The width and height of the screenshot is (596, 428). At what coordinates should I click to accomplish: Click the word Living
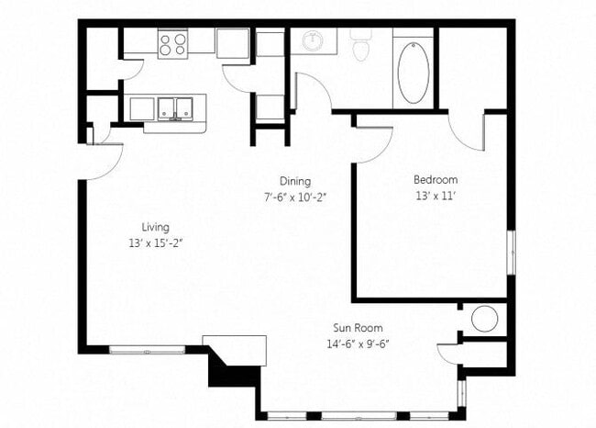coord(155,227)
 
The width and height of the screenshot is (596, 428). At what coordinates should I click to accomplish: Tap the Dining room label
coord(295,181)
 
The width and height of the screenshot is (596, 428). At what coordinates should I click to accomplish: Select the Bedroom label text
coord(435,180)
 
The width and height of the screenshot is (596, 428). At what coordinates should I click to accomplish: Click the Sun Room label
coord(358,328)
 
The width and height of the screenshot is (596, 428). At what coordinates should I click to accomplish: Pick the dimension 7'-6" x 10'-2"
coord(295,197)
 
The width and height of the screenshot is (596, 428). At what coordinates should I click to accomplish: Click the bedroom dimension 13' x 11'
coord(435,195)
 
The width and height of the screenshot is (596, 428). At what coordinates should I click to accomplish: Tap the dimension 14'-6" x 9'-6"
coord(358,344)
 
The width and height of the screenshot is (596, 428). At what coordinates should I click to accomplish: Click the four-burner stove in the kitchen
coord(171,43)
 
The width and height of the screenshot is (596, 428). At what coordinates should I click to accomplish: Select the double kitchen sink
coord(174,108)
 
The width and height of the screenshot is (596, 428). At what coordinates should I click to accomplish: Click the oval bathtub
coord(413,72)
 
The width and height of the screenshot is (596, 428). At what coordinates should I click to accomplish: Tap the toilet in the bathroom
coord(360,45)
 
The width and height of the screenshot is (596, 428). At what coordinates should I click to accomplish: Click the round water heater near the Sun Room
coord(484,319)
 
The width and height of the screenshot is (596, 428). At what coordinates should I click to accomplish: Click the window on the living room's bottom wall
coord(148,349)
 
